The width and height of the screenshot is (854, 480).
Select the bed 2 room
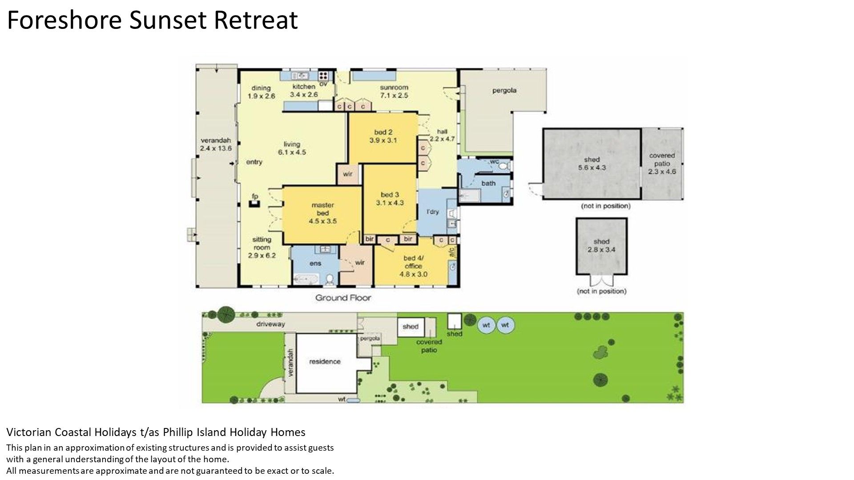click(x=383, y=138)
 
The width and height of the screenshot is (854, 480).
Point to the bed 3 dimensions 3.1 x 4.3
click(x=390, y=203)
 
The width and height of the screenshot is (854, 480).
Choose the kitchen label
click(x=304, y=86)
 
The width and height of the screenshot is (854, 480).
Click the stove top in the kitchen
click(x=323, y=75)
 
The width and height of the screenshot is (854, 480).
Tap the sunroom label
click(x=394, y=87)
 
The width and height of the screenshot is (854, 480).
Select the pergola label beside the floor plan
click(x=504, y=90)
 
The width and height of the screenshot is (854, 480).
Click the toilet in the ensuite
click(x=330, y=279)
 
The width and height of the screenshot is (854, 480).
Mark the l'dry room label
click(x=432, y=212)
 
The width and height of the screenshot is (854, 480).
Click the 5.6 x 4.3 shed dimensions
click(x=592, y=168)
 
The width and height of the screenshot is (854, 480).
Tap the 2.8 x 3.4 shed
click(x=601, y=246)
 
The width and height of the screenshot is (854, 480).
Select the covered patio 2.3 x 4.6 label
click(x=662, y=164)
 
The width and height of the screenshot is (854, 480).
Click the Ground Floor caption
click(x=343, y=298)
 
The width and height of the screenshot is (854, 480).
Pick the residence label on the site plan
click(x=325, y=361)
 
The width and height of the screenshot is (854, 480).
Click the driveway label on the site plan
click(x=270, y=324)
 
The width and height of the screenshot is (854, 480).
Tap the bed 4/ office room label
click(x=413, y=266)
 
